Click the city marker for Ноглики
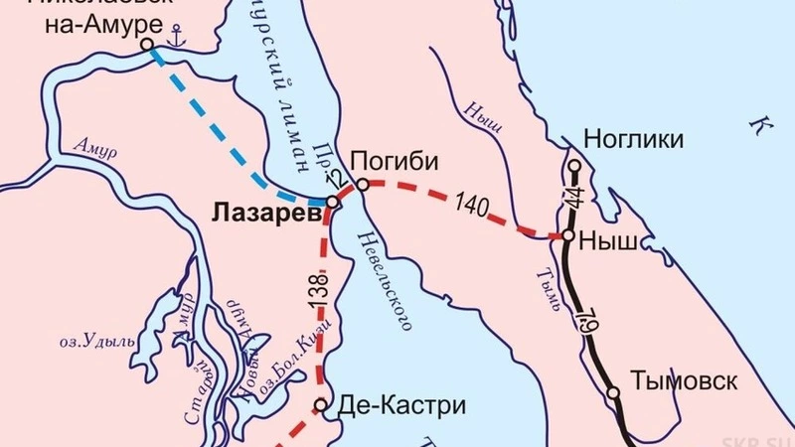[x=574, y=165]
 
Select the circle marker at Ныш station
[x=567, y=236]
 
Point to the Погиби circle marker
[x=364, y=184]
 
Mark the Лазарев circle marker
[x=333, y=201]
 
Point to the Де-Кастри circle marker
[x=321, y=404]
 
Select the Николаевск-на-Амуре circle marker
[x=147, y=45]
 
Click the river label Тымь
[x=540, y=289]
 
